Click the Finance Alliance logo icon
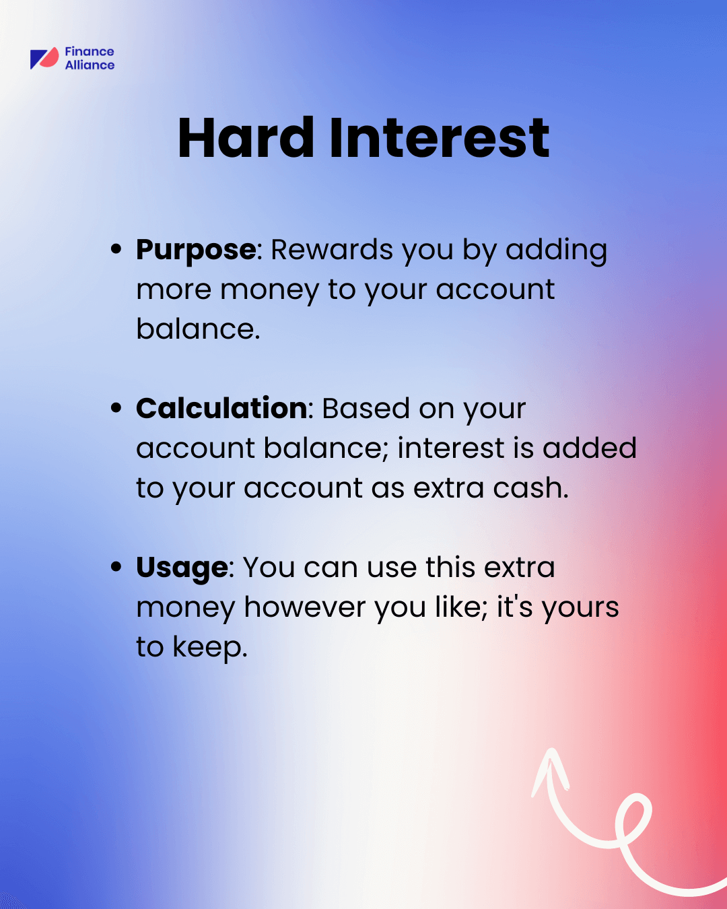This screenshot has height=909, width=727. click(44, 58)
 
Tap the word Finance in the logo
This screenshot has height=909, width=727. click(90, 52)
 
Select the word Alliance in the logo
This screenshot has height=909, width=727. click(90, 65)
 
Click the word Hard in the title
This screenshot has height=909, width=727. click(246, 138)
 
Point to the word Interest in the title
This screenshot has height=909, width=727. click(440, 138)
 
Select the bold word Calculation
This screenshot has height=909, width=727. click(221, 409)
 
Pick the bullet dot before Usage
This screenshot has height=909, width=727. click(116, 566)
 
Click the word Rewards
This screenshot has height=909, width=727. click(332, 250)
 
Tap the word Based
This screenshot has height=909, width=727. click(366, 409)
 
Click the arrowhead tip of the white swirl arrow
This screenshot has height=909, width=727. click(551, 749)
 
